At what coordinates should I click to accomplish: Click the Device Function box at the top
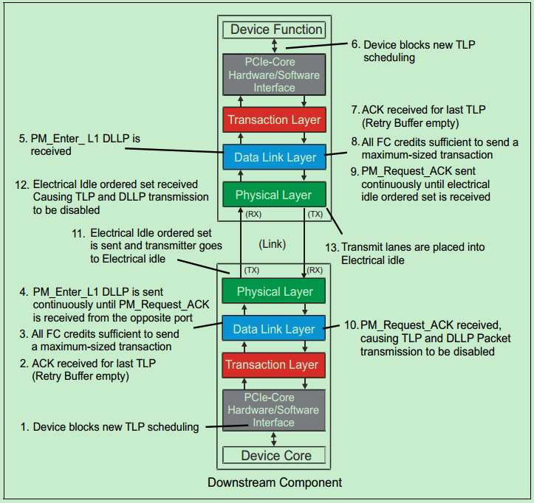(276, 30)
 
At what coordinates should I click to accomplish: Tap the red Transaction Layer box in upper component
(274, 119)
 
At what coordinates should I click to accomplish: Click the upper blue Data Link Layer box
(274, 157)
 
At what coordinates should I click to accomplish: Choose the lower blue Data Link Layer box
(274, 329)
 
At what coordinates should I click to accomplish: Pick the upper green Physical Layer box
(274, 195)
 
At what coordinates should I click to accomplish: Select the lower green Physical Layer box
(274, 291)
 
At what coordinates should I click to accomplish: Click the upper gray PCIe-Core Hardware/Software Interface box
(274, 74)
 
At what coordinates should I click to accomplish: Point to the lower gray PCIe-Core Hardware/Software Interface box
(274, 410)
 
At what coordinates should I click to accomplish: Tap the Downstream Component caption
(274, 482)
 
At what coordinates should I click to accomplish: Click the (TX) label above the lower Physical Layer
(251, 271)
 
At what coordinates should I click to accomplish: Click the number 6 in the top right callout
(355, 45)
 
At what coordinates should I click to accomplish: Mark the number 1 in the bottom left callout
(24, 427)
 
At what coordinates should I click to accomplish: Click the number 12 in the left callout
(21, 184)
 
